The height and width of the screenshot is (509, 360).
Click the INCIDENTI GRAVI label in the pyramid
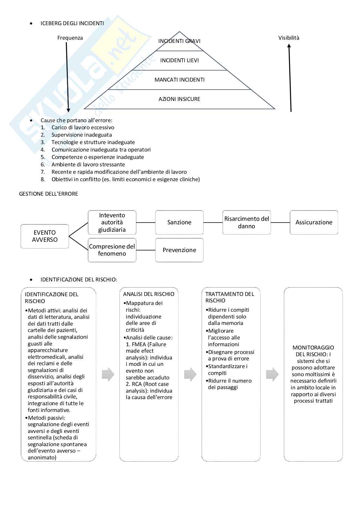pyautogui.click(x=179, y=41)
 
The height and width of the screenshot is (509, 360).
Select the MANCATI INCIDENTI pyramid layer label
pyautogui.click(x=179, y=80)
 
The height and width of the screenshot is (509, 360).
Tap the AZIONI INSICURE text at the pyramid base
pyautogui.click(x=179, y=99)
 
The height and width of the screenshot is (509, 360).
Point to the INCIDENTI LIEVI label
pyautogui.click(x=179, y=60)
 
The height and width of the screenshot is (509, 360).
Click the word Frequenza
pyautogui.click(x=70, y=38)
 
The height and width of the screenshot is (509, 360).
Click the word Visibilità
pyautogui.click(x=289, y=38)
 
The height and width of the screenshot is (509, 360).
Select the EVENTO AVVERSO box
pyautogui.click(x=45, y=236)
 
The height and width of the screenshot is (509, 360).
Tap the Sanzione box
pyautogui.click(x=179, y=222)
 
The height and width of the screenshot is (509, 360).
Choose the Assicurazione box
pyautogui.click(x=314, y=222)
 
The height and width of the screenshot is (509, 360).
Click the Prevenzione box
pyautogui.click(x=179, y=250)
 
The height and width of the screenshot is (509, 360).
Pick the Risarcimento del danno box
pyautogui.click(x=246, y=222)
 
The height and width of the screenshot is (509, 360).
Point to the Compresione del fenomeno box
pyautogui.click(x=112, y=250)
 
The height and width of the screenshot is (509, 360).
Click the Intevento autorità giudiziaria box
pyautogui.click(x=112, y=222)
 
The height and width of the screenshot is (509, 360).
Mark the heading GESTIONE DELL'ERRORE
pyautogui.click(x=49, y=194)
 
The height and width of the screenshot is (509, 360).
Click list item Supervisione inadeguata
pyautogui.click(x=82, y=135)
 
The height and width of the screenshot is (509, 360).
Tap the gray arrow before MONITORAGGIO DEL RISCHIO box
pyautogui.click(x=272, y=374)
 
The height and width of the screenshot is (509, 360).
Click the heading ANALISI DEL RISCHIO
pyautogui.click(x=149, y=294)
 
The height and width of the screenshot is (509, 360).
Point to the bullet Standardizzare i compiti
pyautogui.click(x=228, y=369)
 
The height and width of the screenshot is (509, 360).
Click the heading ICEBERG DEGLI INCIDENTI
pyautogui.click(x=72, y=23)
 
